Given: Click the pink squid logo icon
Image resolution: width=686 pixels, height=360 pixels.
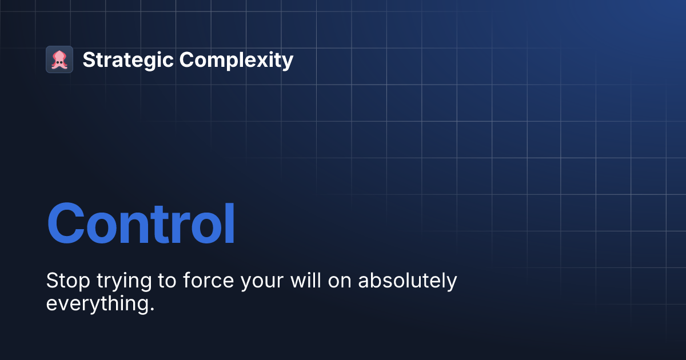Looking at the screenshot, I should (x=59, y=59).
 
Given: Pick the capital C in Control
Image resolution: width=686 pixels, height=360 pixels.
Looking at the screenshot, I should (x=69, y=224).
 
